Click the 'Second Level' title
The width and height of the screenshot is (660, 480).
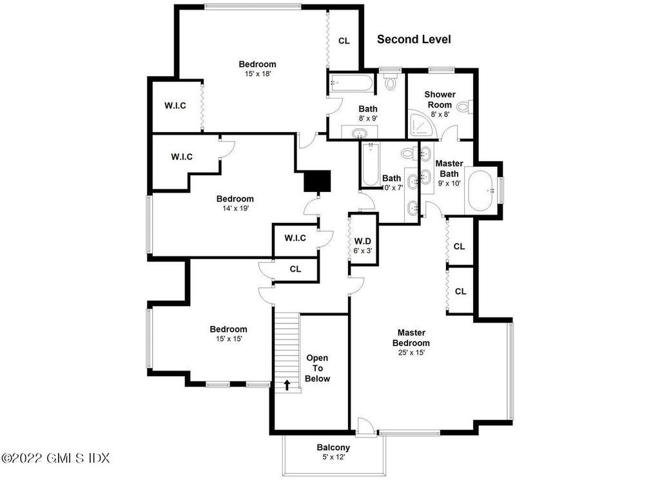pos(414,39)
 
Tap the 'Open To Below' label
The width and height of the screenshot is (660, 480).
pos(317,368)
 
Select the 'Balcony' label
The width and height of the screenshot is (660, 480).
pos(333,448)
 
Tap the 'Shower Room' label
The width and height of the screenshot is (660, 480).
pos(440,99)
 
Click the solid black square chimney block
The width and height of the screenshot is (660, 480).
pos(317,180)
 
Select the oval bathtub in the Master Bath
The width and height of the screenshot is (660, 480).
pos(481,190)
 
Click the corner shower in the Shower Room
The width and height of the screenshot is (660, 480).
pos(420,125)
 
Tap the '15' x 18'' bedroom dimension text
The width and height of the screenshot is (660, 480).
pos(257,73)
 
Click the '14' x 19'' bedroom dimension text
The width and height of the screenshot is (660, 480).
pos(235,208)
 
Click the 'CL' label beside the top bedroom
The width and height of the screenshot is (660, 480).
pos(344,41)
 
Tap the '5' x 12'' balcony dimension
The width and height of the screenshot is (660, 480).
pos(333,457)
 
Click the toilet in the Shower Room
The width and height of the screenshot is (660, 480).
pos(464,106)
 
